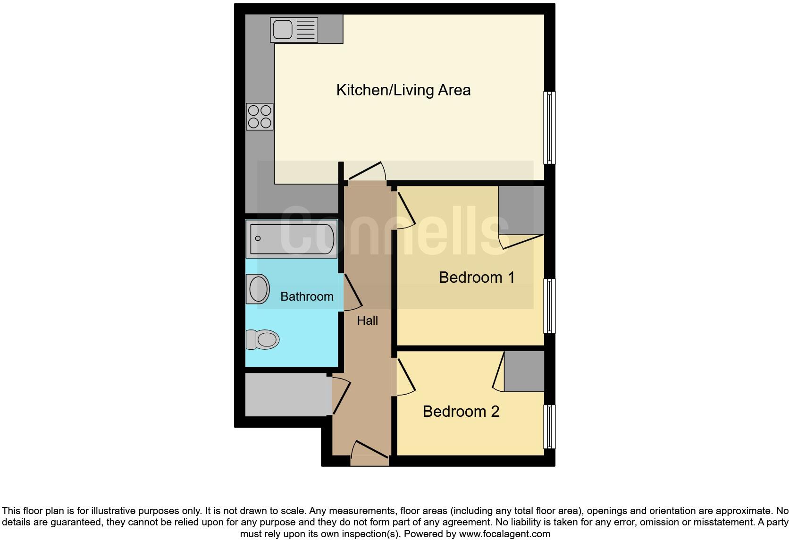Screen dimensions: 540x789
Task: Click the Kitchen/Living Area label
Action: [x=403, y=90]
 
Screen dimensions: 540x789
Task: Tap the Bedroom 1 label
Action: [x=477, y=277]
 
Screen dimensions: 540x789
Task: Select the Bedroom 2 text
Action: [x=461, y=411]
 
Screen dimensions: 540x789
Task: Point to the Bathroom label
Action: [x=307, y=296]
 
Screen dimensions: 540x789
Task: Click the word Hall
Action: [x=367, y=321]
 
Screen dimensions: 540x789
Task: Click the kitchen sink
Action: [x=294, y=29]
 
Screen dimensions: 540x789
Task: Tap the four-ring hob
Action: [x=260, y=117]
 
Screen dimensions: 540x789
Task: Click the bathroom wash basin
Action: [x=258, y=289]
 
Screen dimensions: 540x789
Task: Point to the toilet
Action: [x=262, y=339]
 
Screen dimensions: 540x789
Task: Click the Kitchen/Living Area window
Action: [x=549, y=127]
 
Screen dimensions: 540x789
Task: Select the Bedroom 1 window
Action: [x=549, y=306]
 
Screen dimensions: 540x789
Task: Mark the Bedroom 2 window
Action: [x=549, y=426]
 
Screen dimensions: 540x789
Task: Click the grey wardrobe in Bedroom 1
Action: [x=521, y=210]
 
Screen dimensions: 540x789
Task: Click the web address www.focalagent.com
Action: [x=504, y=534]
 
